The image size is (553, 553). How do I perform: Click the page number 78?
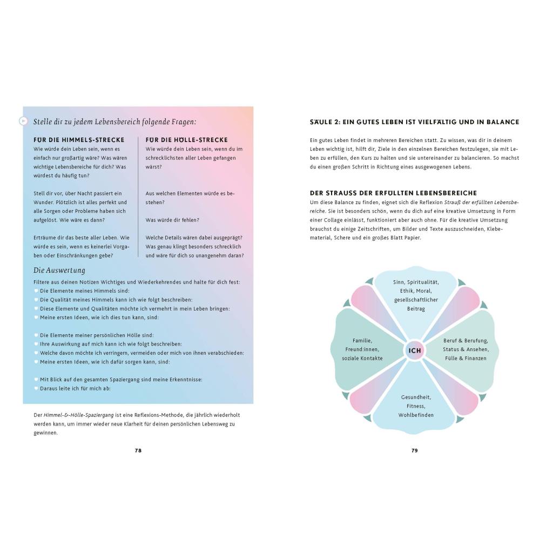point(138,450)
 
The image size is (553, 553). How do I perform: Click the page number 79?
point(415,450)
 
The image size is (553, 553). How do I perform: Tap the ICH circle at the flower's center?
point(415,350)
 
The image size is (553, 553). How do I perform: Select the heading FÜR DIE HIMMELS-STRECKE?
point(79,140)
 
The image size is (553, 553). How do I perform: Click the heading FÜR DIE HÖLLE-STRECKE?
point(187,140)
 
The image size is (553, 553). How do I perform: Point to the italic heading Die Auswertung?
point(59,270)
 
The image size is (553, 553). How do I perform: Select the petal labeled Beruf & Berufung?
point(466,349)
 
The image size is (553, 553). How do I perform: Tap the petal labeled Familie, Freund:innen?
point(362,349)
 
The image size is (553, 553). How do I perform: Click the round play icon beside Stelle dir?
point(23,121)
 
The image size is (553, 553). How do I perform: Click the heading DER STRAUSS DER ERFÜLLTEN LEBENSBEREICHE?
point(393,193)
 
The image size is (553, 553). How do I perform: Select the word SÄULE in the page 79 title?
point(322,122)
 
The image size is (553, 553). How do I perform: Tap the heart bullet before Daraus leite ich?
point(36,388)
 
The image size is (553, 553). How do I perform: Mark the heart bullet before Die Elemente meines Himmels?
point(36,291)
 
